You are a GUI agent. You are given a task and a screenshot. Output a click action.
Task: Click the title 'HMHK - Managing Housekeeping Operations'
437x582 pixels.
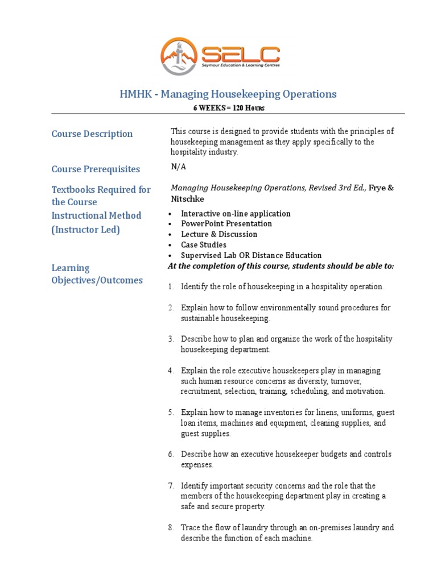click(228, 94)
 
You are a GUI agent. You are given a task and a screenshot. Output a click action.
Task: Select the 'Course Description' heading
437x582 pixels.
click(92, 134)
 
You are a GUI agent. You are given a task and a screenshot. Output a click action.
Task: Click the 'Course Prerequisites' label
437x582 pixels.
click(96, 169)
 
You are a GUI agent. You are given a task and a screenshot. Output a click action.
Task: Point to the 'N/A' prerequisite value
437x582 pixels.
click(178, 167)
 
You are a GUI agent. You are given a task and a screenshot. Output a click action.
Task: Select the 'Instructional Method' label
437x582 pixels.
click(96, 215)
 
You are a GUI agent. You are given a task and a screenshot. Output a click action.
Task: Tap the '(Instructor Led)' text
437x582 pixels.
click(86, 230)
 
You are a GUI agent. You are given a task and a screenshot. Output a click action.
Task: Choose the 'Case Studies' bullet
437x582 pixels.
click(203, 245)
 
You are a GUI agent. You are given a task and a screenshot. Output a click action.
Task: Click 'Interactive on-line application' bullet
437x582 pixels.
click(236, 214)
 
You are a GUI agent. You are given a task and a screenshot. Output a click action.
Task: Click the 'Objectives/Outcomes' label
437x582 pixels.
click(97, 280)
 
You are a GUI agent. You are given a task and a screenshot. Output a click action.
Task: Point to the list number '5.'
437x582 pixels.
click(170, 413)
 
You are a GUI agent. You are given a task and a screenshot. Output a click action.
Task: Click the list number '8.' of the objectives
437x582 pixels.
click(170, 528)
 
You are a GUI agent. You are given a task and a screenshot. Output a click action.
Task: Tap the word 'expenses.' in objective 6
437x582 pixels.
click(197, 465)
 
